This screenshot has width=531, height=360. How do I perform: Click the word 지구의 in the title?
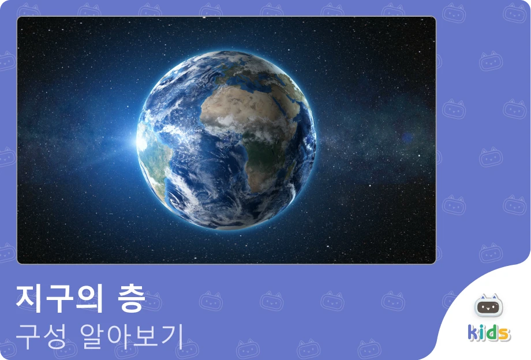coord(59,298)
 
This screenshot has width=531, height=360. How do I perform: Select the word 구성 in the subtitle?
coord(40,336)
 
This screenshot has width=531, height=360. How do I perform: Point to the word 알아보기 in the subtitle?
coord(132,336)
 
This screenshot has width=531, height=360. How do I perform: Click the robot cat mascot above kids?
coord(488,305)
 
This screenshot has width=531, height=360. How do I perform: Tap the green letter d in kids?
coord(490,332)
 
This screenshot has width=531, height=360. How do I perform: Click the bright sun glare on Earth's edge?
coord(140,141)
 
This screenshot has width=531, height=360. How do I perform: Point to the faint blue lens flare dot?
coord(407,137)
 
